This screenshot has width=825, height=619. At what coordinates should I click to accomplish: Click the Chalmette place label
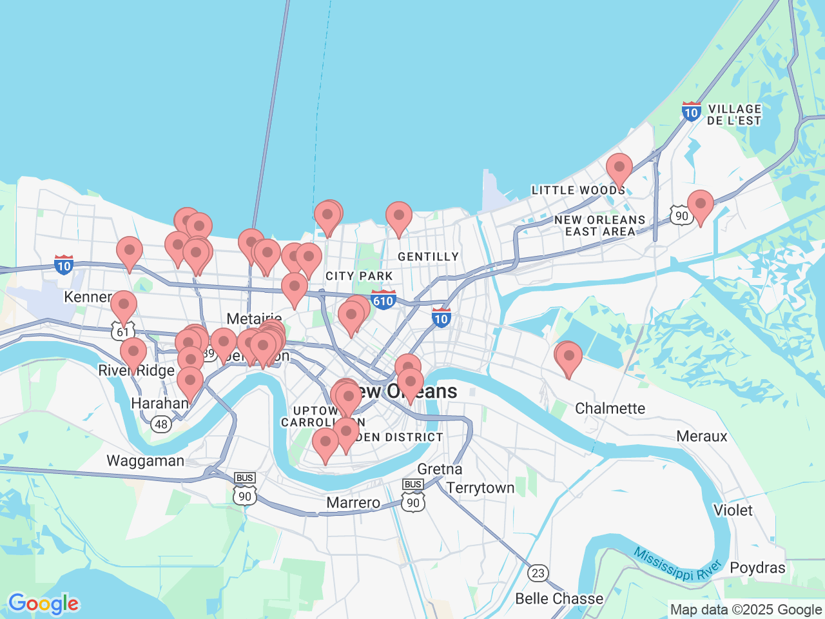point(610,408)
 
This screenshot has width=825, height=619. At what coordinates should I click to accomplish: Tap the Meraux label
point(701,437)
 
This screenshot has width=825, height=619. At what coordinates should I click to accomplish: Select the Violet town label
point(733,511)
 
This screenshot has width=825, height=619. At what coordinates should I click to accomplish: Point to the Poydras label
point(757,568)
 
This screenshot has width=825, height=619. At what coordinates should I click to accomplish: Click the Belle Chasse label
point(559,598)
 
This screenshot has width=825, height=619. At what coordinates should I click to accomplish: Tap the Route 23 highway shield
point(538,573)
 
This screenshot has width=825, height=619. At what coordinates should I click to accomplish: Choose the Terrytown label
point(480,488)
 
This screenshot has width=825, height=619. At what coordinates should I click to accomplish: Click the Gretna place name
point(440,469)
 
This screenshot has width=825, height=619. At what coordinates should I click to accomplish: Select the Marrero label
point(353,503)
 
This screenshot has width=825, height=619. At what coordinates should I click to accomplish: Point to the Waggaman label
point(145,461)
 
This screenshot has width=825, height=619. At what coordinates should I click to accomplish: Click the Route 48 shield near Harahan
point(161,424)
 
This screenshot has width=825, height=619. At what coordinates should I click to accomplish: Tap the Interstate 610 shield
point(383,300)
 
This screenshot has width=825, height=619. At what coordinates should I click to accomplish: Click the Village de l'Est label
point(733,115)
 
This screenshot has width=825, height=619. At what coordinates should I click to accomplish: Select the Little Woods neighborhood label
point(578,190)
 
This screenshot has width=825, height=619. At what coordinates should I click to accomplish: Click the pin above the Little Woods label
point(619,170)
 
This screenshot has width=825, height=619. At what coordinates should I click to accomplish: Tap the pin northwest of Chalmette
point(568,358)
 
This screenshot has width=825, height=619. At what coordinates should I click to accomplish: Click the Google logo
point(43,604)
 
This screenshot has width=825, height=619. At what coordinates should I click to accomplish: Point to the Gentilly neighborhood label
point(428,257)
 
